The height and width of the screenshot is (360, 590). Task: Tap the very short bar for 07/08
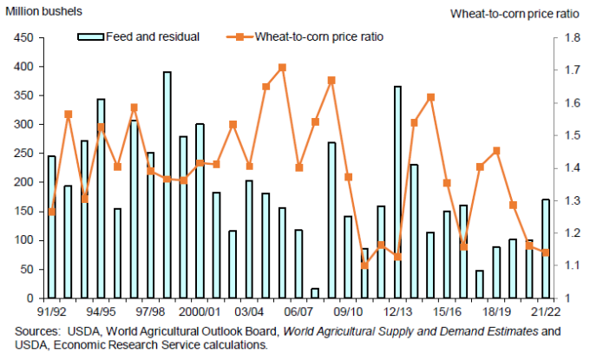[315, 293]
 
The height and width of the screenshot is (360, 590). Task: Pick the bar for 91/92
[52, 227]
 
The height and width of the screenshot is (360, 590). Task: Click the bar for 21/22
[546, 249]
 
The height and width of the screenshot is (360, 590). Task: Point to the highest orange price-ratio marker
[283, 67]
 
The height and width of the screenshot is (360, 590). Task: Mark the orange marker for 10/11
[364, 265]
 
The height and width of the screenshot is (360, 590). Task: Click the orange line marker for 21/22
[546, 252]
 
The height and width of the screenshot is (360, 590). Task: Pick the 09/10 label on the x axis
[348, 311]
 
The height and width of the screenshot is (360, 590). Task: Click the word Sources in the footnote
[38, 331]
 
